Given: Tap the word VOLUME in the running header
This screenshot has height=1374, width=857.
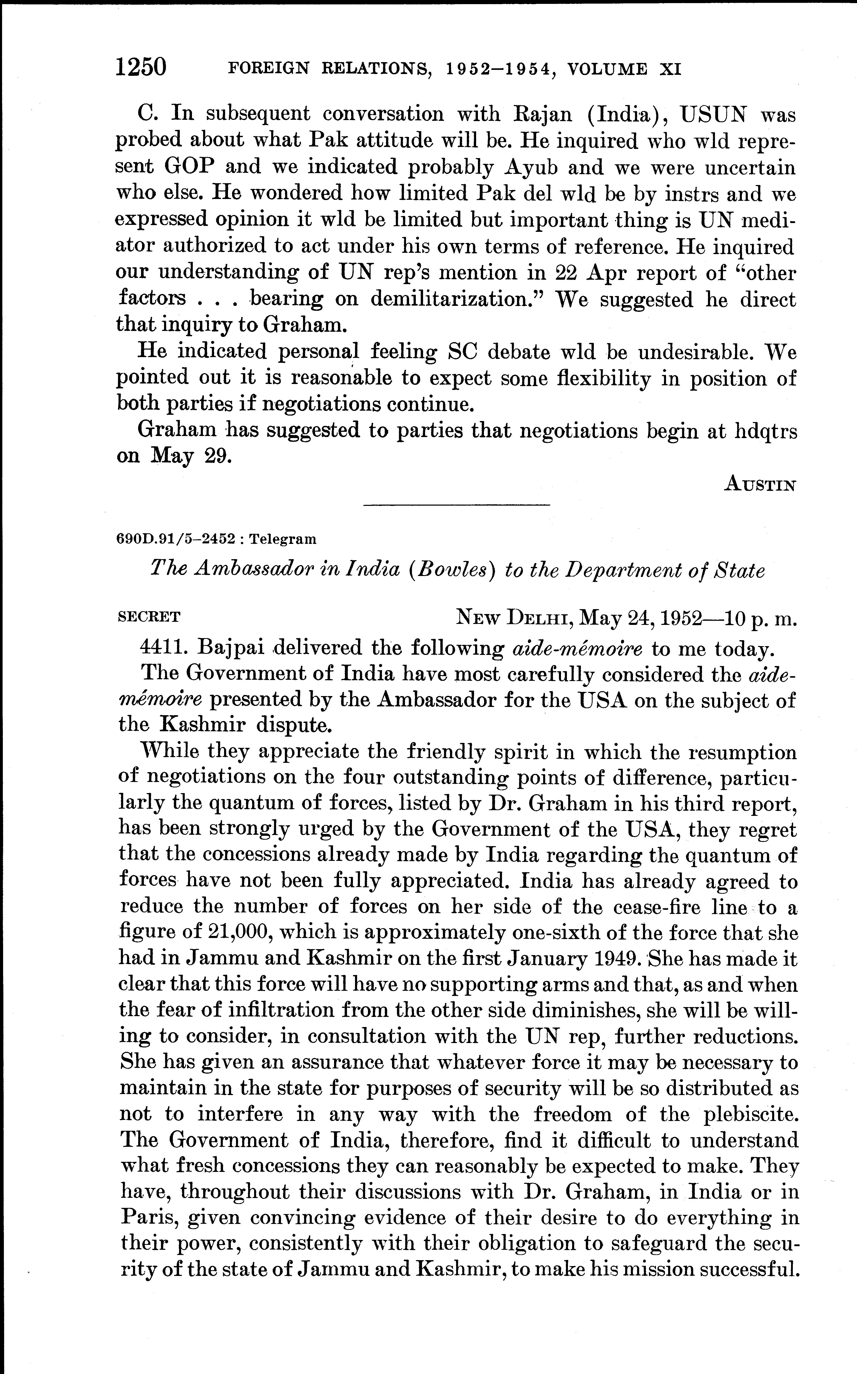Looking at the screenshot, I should tap(607, 69).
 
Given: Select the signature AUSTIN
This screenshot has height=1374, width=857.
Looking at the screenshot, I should tap(761, 485).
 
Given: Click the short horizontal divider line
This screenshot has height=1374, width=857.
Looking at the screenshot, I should tap(456, 505).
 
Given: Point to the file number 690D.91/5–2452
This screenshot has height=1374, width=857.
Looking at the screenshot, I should tap(175, 539).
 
